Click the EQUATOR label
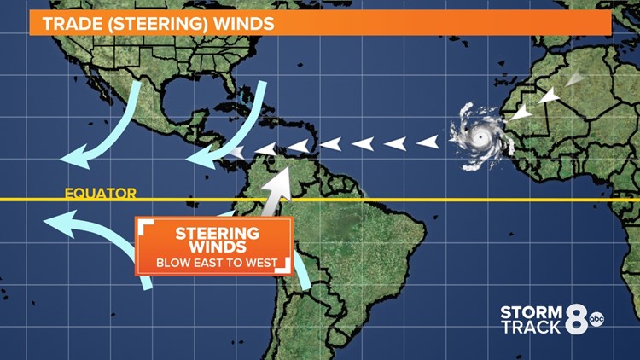[x=100, y=194]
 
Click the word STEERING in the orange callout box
[x=217, y=233]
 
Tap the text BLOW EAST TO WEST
[x=217, y=262]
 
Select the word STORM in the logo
[x=531, y=311]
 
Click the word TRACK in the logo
[x=531, y=327]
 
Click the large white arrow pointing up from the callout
[x=277, y=189]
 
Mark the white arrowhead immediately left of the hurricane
[x=427, y=142]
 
